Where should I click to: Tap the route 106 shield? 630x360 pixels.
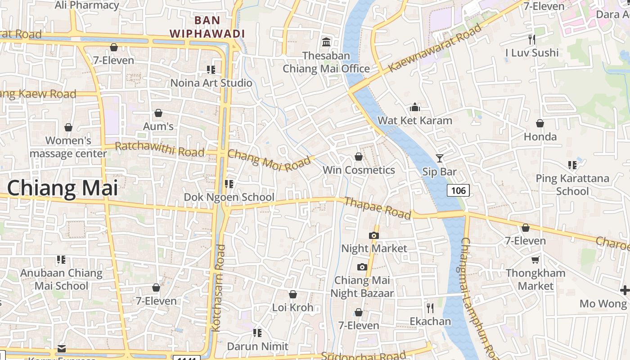click(x=458, y=190)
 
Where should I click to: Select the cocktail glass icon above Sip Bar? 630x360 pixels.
click(x=440, y=158)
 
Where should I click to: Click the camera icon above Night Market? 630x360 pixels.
click(x=373, y=235)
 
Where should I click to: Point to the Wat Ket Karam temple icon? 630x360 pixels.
click(x=414, y=107)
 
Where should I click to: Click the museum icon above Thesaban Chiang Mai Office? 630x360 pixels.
click(x=326, y=42)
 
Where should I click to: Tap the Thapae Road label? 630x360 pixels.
click(x=377, y=207)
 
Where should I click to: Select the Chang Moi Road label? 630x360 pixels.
click(x=269, y=160)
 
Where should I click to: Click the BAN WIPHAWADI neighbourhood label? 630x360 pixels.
click(x=207, y=27)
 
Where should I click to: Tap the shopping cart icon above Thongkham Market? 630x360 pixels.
click(x=535, y=260)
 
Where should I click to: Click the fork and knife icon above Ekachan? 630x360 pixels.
click(x=430, y=308)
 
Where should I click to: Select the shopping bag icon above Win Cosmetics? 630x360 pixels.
click(x=359, y=157)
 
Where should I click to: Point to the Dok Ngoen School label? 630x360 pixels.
click(x=229, y=197)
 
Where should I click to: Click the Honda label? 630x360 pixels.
click(x=540, y=136)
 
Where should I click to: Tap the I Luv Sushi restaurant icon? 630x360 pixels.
click(x=532, y=39)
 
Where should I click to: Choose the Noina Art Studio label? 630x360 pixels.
click(x=211, y=83)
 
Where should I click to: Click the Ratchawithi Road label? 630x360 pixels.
click(x=160, y=149)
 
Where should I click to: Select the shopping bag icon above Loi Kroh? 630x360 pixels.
click(x=293, y=294)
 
